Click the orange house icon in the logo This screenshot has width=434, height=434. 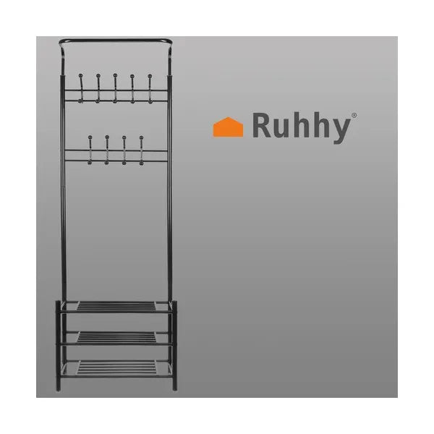point(228,127)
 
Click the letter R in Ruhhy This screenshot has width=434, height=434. point(262,125)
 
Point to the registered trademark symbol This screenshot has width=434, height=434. point(354,115)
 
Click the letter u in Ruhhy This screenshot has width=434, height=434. point(282,128)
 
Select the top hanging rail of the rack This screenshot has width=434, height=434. point(116,41)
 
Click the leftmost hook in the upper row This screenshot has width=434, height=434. point(80,88)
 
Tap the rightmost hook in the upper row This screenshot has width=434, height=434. point(150,89)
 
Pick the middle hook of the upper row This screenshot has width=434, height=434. point(115,88)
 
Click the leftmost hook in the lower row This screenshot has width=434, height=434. point(90,150)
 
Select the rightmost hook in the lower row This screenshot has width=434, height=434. point(142,150)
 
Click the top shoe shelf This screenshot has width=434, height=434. point(116,307)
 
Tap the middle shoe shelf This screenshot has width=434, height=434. point(116,338)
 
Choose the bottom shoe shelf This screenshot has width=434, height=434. point(116,369)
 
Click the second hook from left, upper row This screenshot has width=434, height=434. point(98,88)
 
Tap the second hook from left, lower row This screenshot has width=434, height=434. point(107,150)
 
